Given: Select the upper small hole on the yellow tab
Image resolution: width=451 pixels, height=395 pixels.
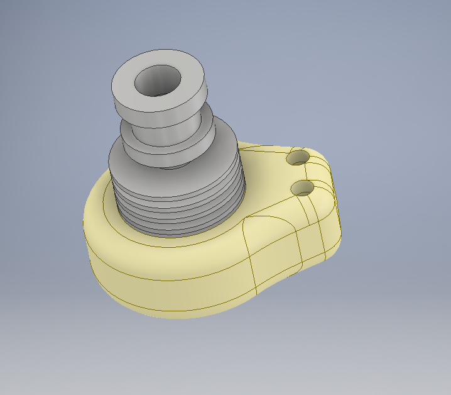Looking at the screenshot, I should coord(298,157).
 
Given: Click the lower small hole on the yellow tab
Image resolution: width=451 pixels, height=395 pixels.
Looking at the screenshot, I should coord(303,187).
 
